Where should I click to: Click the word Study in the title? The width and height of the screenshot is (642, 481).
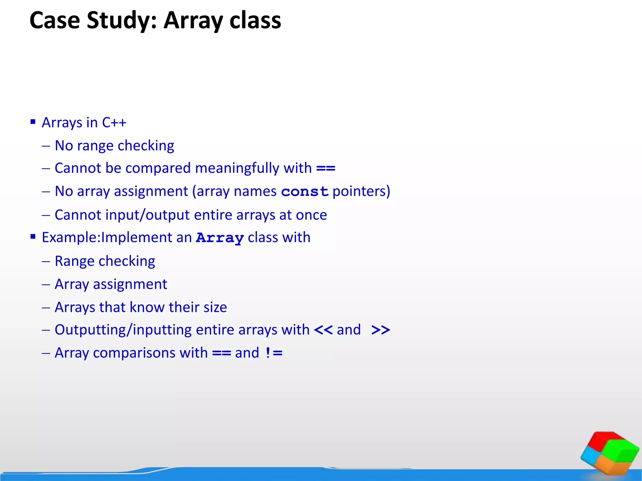point(122,21)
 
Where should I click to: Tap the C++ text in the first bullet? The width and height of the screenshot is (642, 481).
point(114,122)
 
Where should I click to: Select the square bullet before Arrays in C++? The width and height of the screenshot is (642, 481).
point(33,122)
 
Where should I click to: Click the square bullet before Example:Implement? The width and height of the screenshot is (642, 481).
point(33,236)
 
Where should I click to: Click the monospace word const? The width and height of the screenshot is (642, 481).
point(305,191)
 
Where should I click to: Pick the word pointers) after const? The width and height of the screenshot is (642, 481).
point(361,191)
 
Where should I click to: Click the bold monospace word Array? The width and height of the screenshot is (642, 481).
point(220,238)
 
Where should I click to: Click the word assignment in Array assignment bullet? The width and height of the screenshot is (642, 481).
point(130,284)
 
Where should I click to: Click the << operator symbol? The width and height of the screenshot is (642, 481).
point(323,330)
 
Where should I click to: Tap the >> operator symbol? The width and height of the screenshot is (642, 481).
point(380,330)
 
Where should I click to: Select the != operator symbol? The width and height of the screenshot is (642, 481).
point(274,353)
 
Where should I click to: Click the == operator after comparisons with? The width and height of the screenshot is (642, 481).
point(222,353)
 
